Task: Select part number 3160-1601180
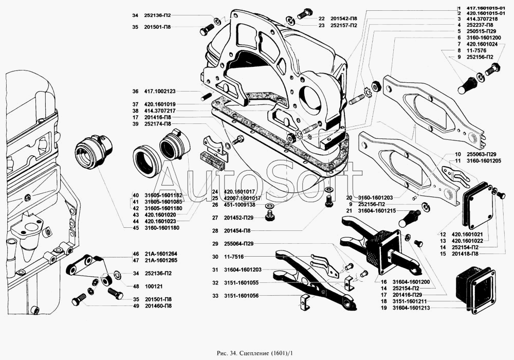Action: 162,228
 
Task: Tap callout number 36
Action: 135,92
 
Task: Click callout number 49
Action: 135,306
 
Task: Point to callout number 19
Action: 383,308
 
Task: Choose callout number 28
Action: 214,231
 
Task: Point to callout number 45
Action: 135,228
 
